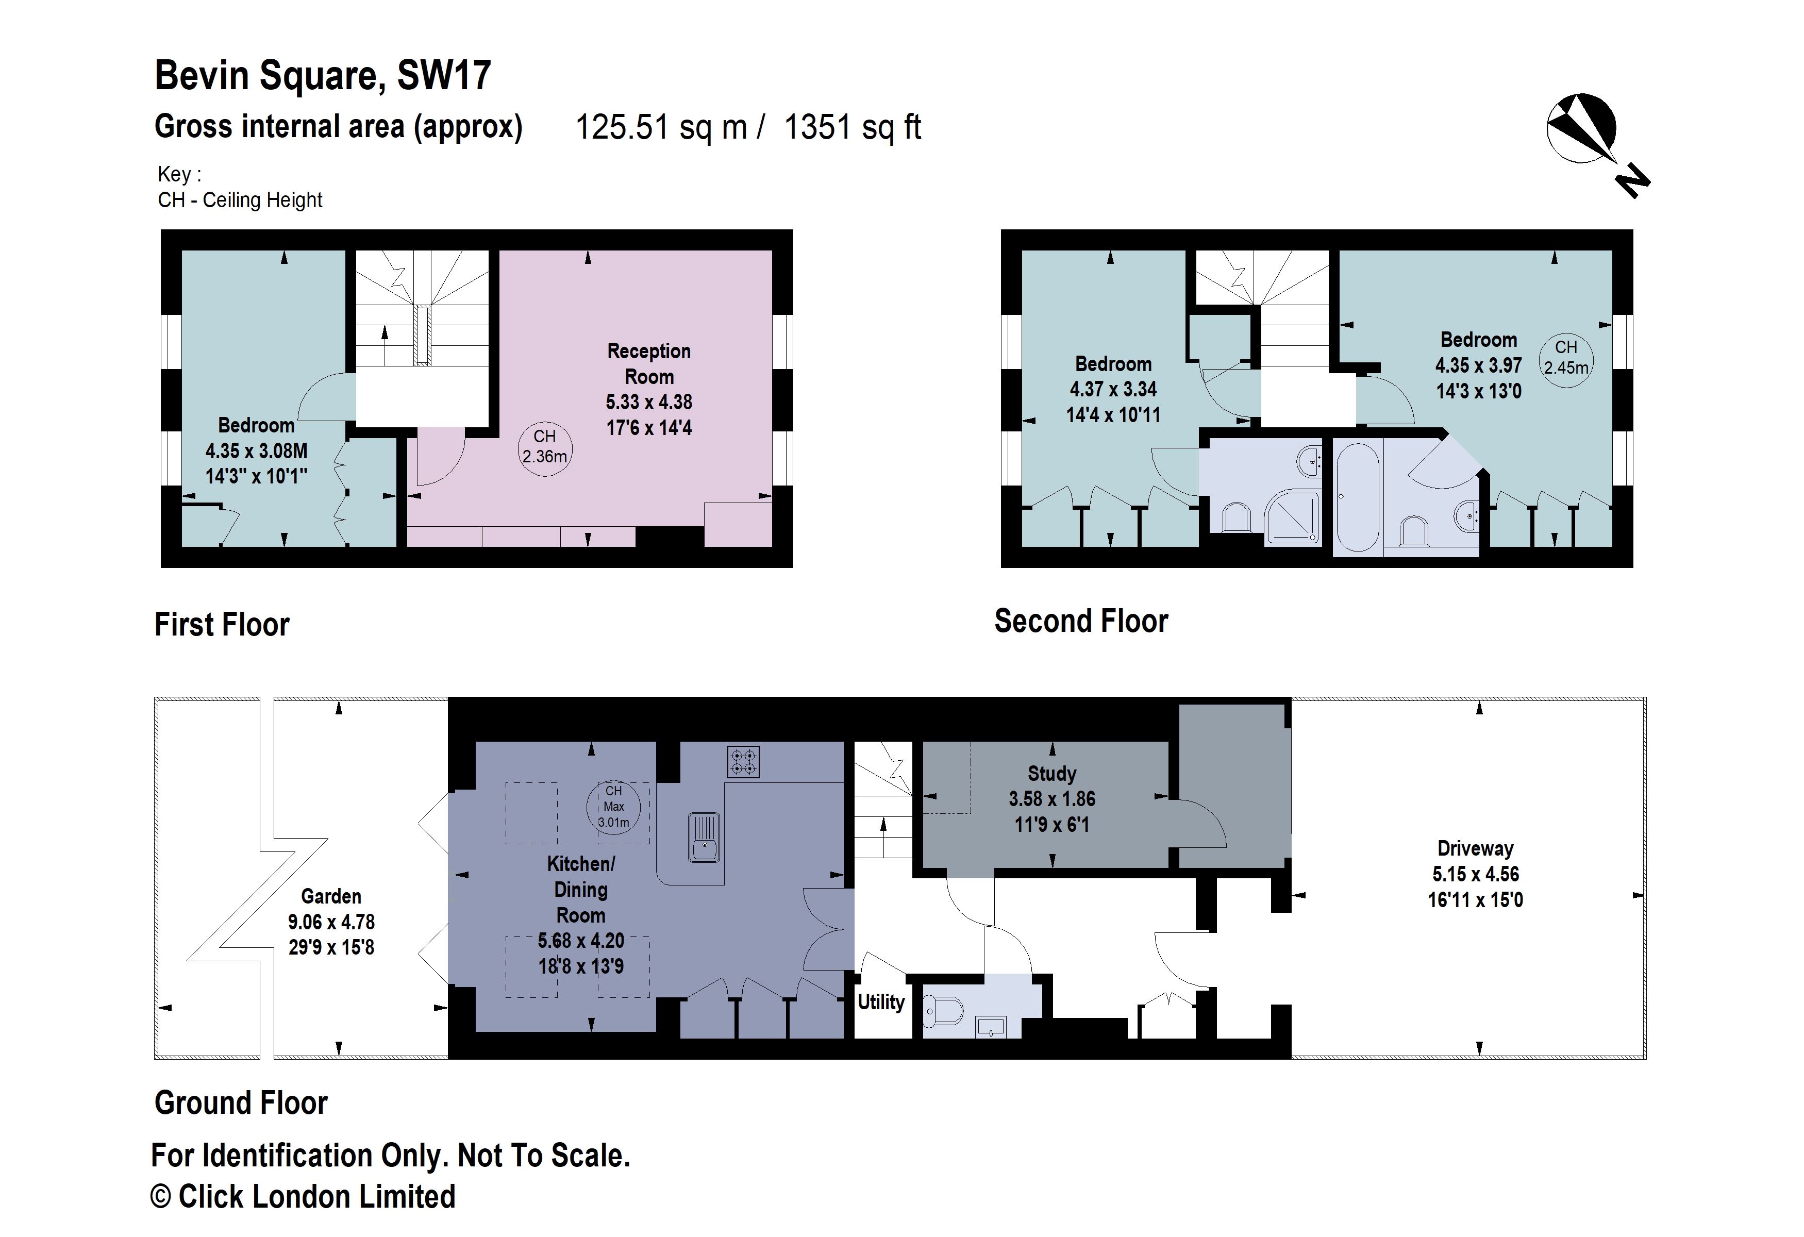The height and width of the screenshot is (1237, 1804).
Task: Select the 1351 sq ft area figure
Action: coord(853,127)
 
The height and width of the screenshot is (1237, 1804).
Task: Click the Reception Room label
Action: coord(649,363)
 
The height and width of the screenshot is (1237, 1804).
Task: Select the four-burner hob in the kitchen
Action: coord(743,761)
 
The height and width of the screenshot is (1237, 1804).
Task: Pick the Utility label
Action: coord(881,1002)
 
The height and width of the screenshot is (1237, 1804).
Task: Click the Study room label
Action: coord(1052,773)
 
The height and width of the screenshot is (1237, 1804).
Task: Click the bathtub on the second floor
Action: coord(1358,497)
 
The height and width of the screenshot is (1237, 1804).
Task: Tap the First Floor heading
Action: coord(222,625)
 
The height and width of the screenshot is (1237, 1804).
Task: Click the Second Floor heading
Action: coord(1081,622)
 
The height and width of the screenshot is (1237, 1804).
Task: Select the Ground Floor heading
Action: coord(241,1103)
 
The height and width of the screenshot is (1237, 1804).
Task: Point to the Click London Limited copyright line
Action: coord(303,1197)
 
